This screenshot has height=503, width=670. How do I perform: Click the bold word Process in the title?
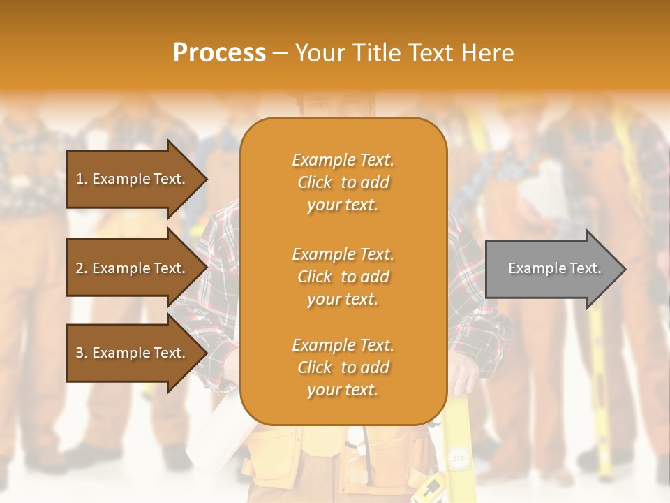219,53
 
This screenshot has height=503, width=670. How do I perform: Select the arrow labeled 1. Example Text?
133,179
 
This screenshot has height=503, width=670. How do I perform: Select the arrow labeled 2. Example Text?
133,268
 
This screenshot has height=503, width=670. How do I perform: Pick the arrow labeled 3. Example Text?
133,353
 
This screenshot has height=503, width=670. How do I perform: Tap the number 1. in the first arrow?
81,179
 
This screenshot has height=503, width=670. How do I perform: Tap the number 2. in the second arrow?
81,268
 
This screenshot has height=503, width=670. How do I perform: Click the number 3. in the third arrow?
81,353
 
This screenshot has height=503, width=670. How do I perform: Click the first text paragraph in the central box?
343,182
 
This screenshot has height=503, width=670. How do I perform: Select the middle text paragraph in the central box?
343,277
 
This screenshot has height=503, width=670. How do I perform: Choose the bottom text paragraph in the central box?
343,367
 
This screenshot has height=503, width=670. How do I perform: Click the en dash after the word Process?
281,53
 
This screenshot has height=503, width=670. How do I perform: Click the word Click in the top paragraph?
315,182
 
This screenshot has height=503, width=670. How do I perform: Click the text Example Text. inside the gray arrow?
554,268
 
